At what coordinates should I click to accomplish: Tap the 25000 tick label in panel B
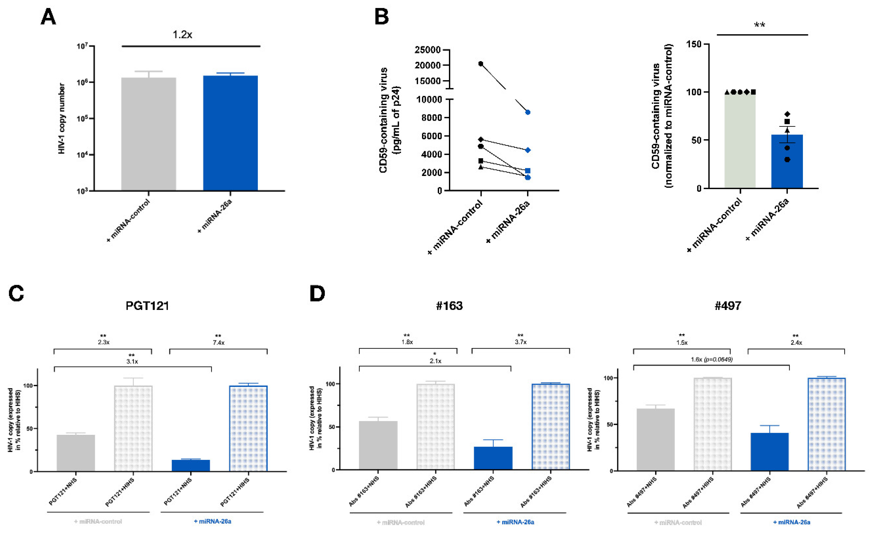pos(428,50)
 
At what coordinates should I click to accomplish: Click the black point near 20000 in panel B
pos(481,64)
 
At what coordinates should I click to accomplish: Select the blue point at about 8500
pos(528,112)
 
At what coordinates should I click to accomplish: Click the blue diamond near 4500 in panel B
pos(528,150)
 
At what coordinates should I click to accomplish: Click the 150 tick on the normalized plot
pos(694,44)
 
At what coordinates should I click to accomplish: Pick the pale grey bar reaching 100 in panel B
pos(740,141)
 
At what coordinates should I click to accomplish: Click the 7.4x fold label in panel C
pos(218,343)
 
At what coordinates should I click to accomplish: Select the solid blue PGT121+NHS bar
pos(191,465)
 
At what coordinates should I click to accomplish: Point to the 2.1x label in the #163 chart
pos(435,361)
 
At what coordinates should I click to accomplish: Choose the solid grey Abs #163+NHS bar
pos(378,445)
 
